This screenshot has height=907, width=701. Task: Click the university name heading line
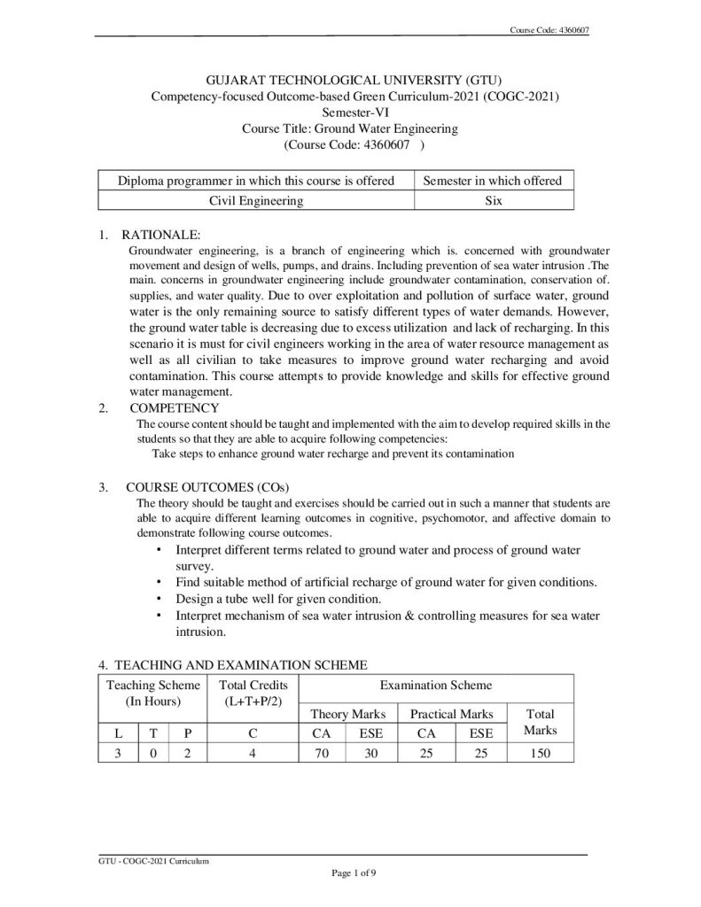pyautogui.click(x=350, y=81)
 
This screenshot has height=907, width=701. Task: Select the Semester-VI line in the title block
pyautogui.click(x=350, y=112)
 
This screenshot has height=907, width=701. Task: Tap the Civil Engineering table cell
pyautogui.click(x=256, y=201)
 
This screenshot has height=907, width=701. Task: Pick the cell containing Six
pyautogui.click(x=494, y=201)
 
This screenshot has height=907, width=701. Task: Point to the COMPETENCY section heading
pyautogui.click(x=174, y=408)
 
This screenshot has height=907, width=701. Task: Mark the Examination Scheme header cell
pyautogui.click(x=436, y=686)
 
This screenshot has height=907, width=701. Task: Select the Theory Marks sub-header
pyautogui.click(x=348, y=714)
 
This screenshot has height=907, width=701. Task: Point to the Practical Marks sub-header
pyautogui.click(x=452, y=714)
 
